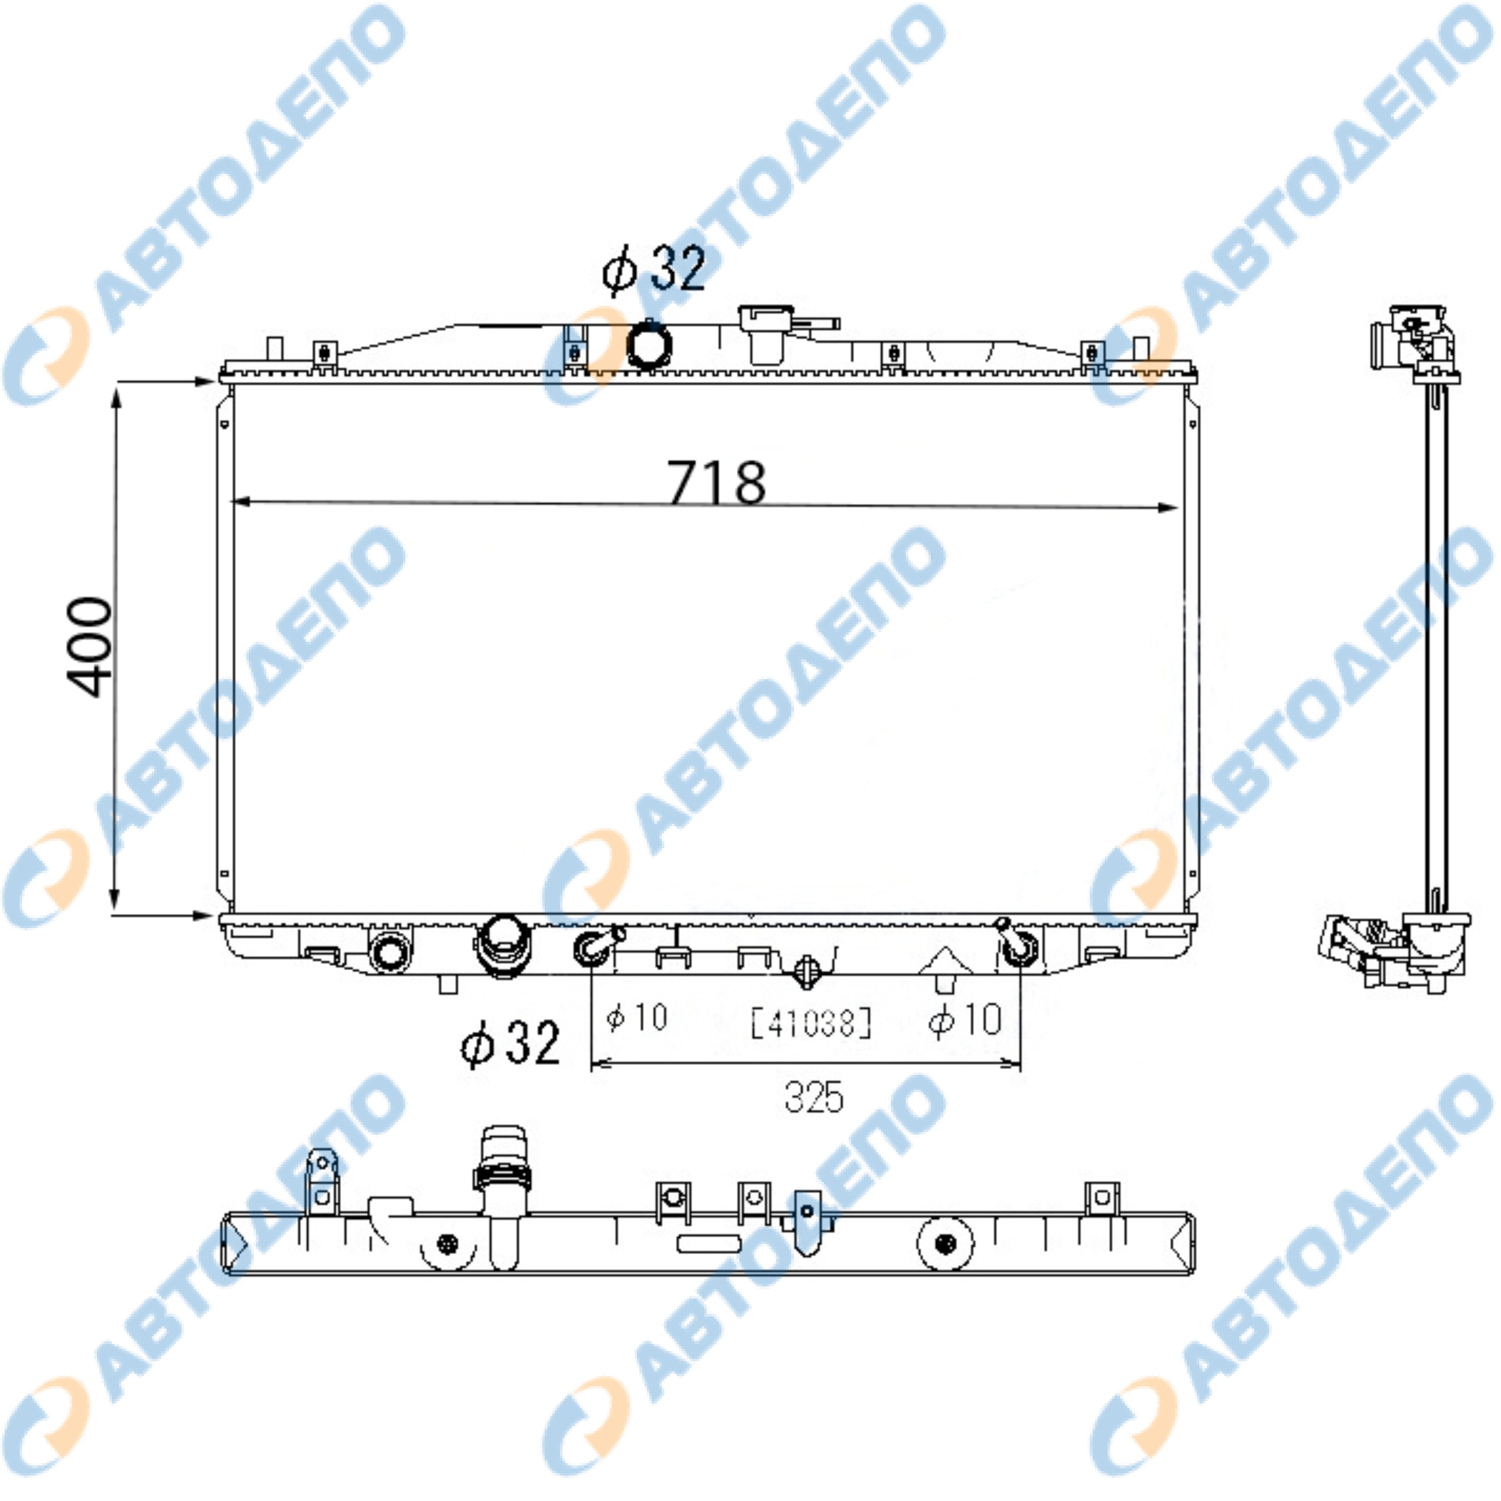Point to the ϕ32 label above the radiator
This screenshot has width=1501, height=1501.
tap(654, 269)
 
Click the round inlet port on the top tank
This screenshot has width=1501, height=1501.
tap(649, 344)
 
